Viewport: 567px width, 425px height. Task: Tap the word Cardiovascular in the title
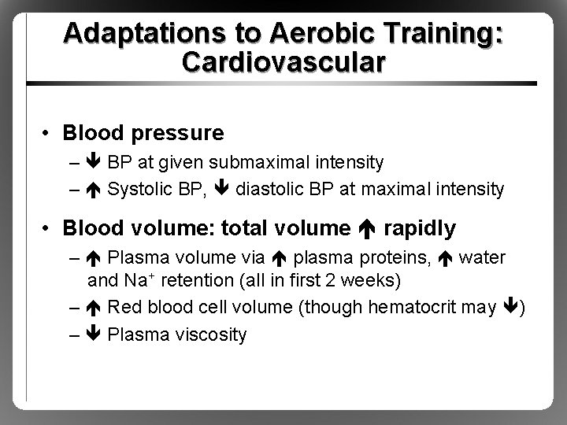(283, 62)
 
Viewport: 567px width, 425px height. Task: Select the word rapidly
(419, 229)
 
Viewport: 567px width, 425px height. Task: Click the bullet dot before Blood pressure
(47, 134)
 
